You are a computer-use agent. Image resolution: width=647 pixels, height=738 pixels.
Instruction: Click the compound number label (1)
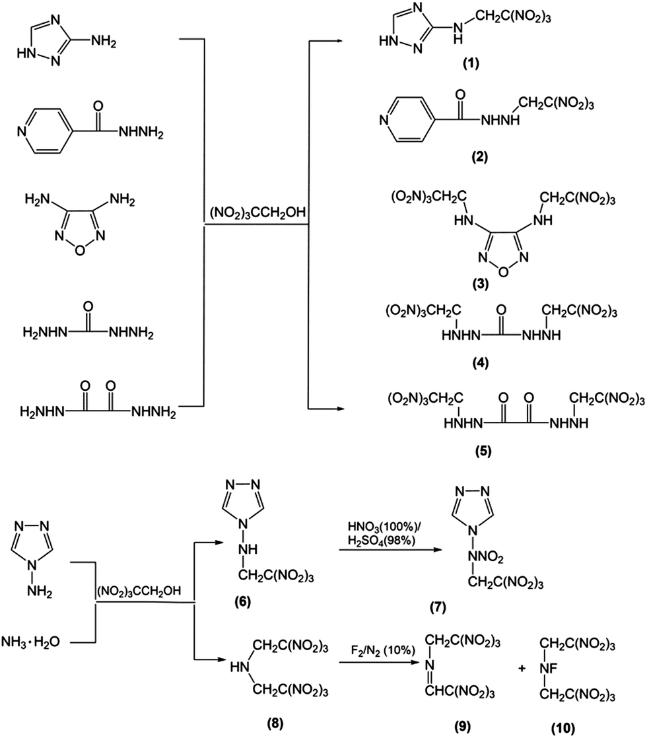pyautogui.click(x=471, y=63)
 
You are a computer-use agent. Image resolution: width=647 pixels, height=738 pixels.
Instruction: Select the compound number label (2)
pyautogui.click(x=480, y=156)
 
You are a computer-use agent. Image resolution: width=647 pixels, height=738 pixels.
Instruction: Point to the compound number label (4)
pyautogui.click(x=481, y=363)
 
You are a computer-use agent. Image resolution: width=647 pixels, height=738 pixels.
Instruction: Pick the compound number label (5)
pyautogui.click(x=483, y=451)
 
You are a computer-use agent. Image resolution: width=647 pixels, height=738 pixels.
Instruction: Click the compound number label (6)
pyautogui.click(x=243, y=601)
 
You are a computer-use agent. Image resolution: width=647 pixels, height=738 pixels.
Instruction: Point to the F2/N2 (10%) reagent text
pyautogui.click(x=383, y=651)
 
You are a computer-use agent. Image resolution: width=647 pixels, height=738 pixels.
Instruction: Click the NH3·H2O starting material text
pyautogui.click(x=31, y=642)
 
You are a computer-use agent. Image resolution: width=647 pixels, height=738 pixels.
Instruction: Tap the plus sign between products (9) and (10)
pyautogui.click(x=522, y=668)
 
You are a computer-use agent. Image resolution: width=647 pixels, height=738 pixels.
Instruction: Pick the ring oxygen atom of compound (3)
pyautogui.click(x=503, y=272)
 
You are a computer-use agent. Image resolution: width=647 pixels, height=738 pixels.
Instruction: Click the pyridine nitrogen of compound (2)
pyautogui.click(x=384, y=120)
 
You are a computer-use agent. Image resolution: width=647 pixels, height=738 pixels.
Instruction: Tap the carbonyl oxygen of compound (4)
pyautogui.click(x=502, y=310)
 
